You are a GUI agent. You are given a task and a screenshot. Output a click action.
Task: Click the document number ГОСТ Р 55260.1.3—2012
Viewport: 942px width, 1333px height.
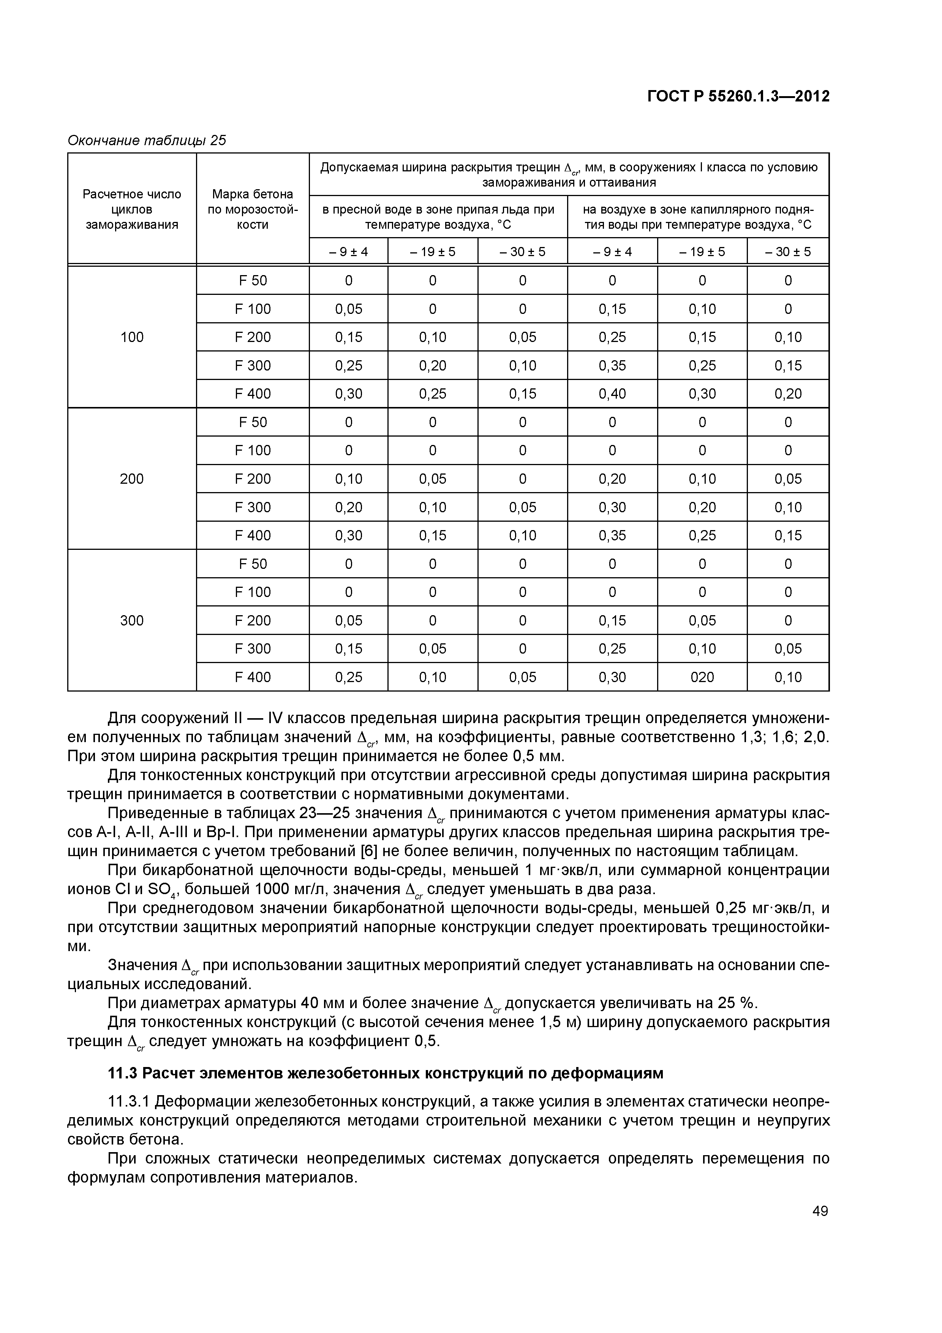click(x=738, y=97)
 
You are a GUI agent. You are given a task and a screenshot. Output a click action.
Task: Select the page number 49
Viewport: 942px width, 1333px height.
click(x=820, y=1211)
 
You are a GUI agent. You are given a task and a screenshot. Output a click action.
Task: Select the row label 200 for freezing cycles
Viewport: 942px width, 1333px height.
click(x=132, y=479)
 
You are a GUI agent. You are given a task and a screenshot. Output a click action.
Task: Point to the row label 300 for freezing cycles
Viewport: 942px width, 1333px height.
click(x=132, y=621)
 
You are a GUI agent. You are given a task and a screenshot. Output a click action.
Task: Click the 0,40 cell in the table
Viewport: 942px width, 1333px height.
click(x=612, y=394)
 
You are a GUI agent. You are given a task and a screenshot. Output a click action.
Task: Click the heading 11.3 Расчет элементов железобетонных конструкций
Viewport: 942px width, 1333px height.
click(x=386, y=1073)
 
